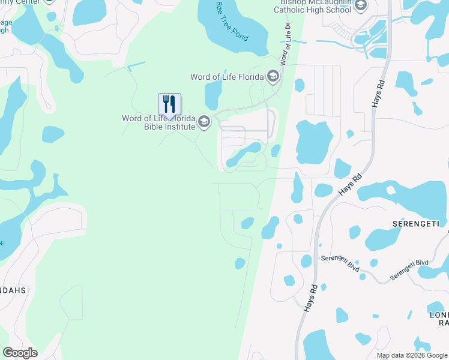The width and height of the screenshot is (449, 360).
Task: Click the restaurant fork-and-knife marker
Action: coord(169,104)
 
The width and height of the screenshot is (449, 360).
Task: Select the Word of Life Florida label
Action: coord(227,77)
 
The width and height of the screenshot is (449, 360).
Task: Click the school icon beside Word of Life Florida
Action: coord(273,76)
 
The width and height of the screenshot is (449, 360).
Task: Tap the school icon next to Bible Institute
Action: coord(204,122)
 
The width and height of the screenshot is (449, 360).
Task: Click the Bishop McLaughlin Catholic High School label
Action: coord(312,7)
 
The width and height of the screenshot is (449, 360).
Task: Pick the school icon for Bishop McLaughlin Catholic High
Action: coord(360,7)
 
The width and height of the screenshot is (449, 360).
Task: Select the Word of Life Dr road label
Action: coord(287,44)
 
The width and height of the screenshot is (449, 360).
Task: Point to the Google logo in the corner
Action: coord(20,353)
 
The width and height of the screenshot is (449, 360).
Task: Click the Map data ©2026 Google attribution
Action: coord(412,355)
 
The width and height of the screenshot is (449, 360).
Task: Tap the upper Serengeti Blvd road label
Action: coord(340,263)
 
